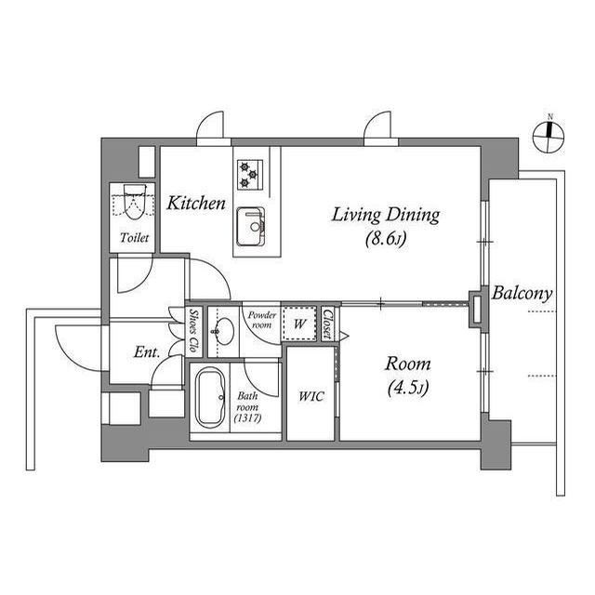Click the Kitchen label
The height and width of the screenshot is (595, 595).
pyautogui.click(x=196, y=204)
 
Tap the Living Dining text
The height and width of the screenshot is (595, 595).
pyautogui.click(x=386, y=215)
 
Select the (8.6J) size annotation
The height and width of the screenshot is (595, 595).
pyautogui.click(x=386, y=239)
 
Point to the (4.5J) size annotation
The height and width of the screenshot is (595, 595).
pyautogui.click(x=408, y=388)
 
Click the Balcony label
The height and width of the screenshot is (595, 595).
pyautogui.click(x=522, y=294)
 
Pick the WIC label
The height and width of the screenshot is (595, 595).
pyautogui.click(x=311, y=397)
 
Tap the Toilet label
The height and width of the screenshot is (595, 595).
pyautogui.click(x=134, y=238)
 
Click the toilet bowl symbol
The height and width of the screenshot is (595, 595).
pyautogui.click(x=135, y=202)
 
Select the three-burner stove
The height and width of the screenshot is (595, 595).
pyautogui.click(x=250, y=175)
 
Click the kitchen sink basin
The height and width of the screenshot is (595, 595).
pyautogui.click(x=251, y=227)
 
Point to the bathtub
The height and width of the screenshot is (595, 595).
pyautogui.click(x=210, y=398)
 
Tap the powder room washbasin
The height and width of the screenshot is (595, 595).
pyautogui.click(x=224, y=331)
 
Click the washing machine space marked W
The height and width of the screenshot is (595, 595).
pyautogui.click(x=299, y=324)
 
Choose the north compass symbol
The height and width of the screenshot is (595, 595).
pyautogui.click(x=549, y=138)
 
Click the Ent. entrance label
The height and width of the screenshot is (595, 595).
pyautogui.click(x=147, y=352)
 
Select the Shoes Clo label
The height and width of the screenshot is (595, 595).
pyautogui.click(x=194, y=331)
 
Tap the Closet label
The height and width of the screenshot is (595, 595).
pyautogui.click(x=327, y=324)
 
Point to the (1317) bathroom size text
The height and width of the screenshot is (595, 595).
pyautogui.click(x=247, y=418)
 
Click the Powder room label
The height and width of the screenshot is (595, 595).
pyautogui.click(x=262, y=320)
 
